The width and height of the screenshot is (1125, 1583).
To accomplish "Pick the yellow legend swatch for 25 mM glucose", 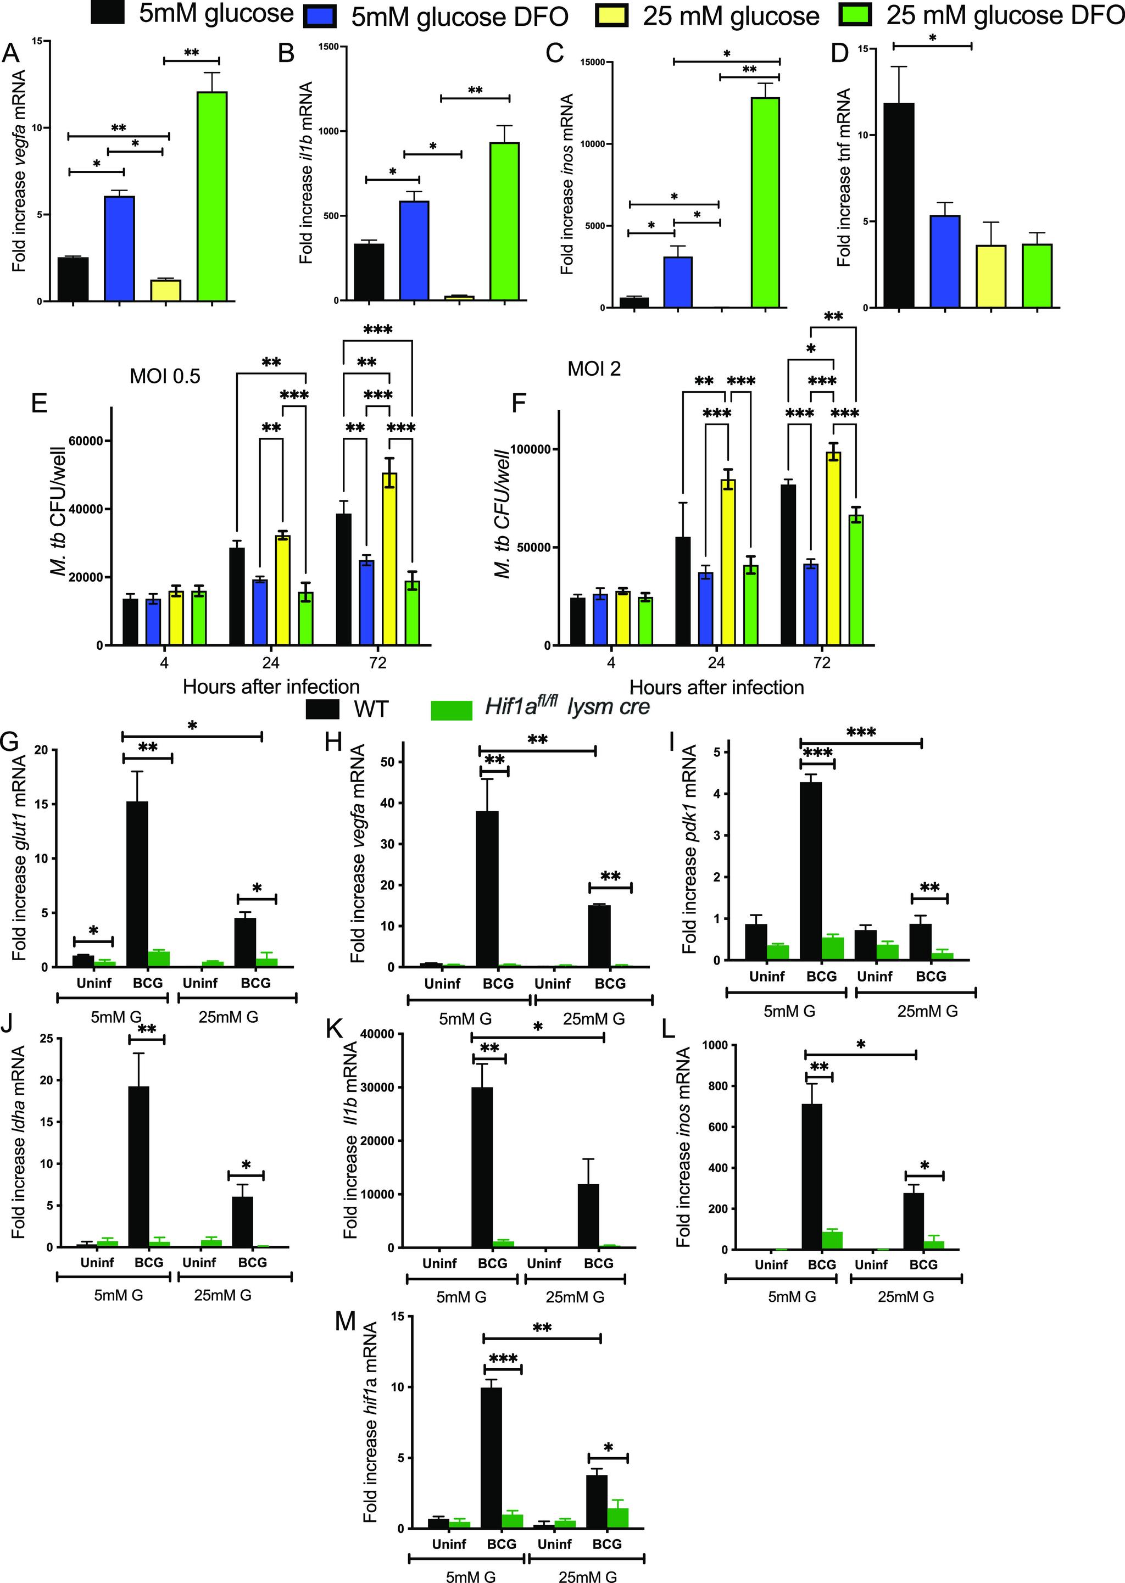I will point(612,15).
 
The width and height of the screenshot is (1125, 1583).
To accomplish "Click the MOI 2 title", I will point(594,369).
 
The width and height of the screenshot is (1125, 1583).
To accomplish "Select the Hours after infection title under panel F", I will point(716,688).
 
